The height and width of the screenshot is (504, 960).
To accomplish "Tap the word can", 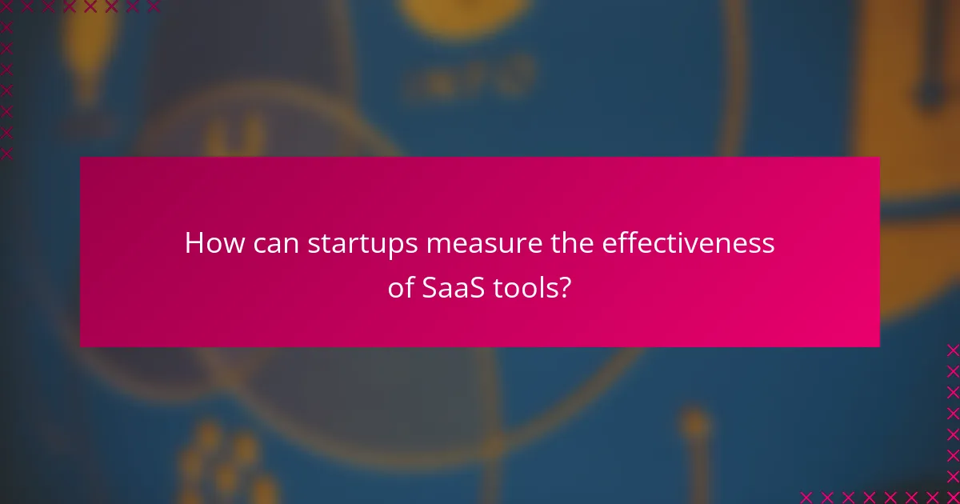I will coord(271,243).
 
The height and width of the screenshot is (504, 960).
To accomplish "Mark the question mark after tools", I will coord(566,288).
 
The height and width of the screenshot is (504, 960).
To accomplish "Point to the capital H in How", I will coord(194,243).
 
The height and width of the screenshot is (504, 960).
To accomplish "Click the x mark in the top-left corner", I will coord(6,7).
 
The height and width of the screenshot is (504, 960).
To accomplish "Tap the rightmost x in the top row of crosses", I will coord(153,7).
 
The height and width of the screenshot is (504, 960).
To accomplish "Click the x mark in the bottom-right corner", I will coord(953,497).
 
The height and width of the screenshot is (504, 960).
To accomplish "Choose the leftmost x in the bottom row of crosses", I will coord(806,497).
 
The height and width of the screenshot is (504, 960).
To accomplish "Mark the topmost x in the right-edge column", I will coord(953,350).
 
